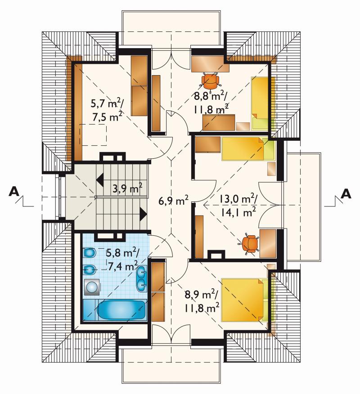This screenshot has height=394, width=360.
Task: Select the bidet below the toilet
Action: tap(89, 270)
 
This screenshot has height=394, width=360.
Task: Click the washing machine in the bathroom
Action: tap(91, 287)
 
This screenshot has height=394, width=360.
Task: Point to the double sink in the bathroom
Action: tap(142, 278)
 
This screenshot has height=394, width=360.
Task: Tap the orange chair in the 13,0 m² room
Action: tap(249, 244)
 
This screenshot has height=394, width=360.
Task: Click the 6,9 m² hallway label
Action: tap(173, 200)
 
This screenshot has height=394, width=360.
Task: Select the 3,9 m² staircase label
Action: tap(127, 188)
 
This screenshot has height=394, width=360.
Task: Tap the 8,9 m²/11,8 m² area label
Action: tap(202, 300)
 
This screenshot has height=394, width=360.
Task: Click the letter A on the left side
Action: tap(14, 192)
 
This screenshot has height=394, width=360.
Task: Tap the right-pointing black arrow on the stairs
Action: tap(143, 214)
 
